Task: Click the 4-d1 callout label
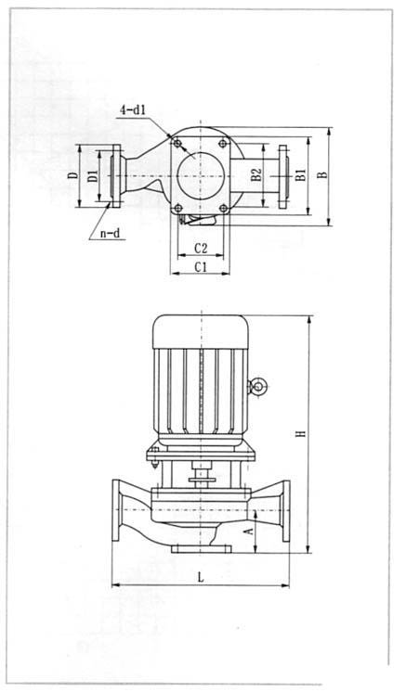tap(133, 109)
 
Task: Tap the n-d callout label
tap(110, 233)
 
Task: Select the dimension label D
tap(72, 175)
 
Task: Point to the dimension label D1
tap(93, 175)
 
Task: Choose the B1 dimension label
tap(301, 174)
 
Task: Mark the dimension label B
tap(324, 174)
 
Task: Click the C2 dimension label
tap(201, 249)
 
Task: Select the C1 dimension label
tap(201, 267)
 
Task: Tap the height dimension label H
tap(301, 433)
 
